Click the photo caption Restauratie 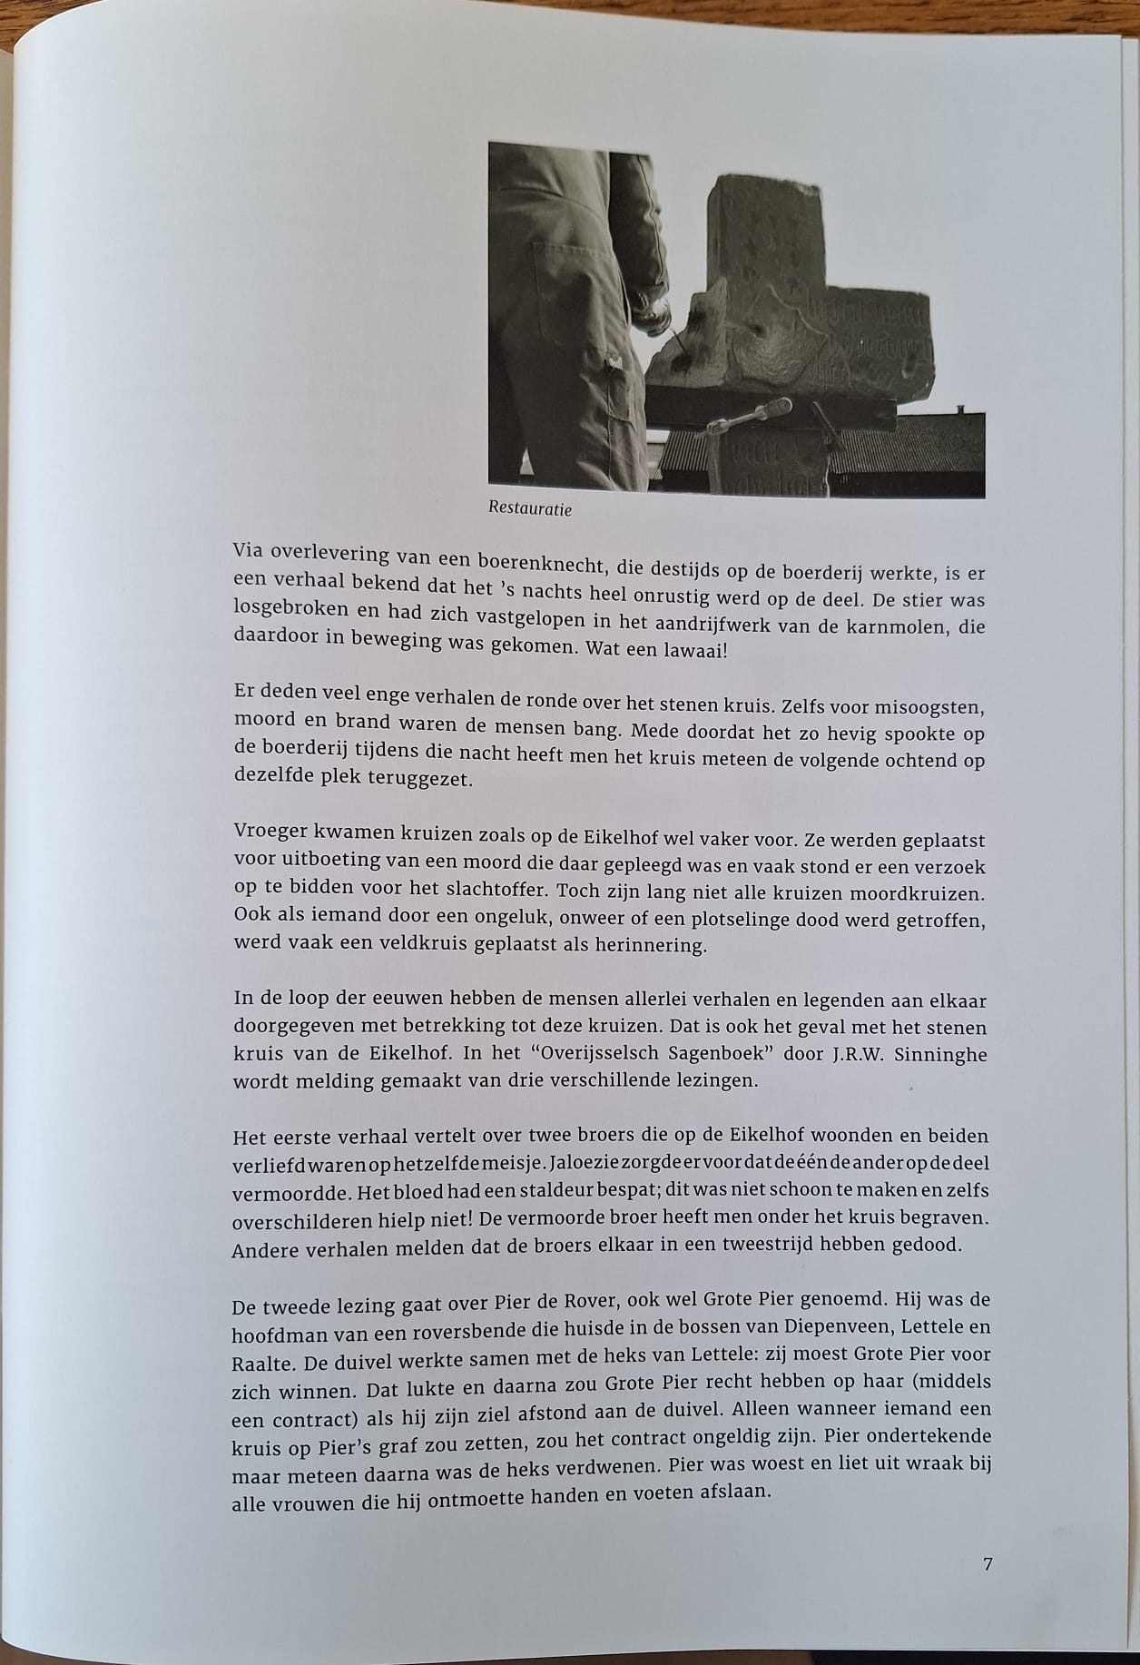tap(530, 508)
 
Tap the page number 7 tap(988, 1563)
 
